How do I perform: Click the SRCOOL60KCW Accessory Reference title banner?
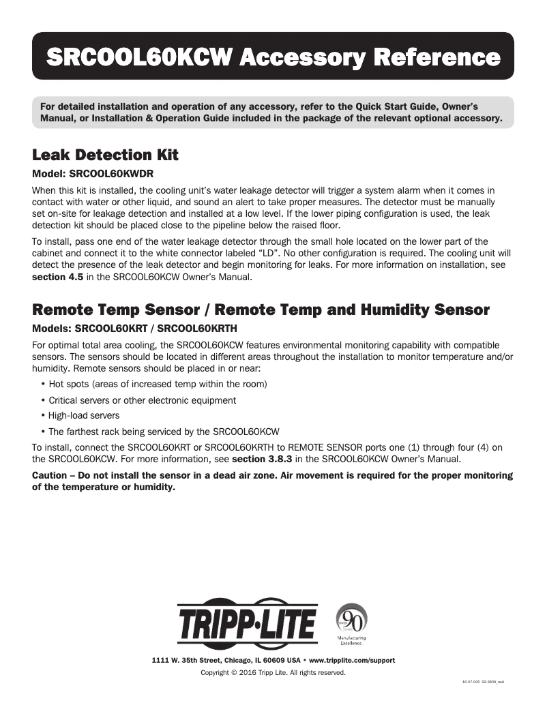pos(273,57)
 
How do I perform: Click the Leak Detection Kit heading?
pos(106,155)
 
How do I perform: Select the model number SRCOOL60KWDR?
pos(110,174)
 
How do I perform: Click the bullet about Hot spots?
pos(158,385)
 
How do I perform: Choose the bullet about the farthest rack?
pos(164,432)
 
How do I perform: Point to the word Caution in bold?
pos(53,475)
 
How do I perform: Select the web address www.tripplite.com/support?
pos(352,661)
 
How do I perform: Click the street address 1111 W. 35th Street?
pos(198,661)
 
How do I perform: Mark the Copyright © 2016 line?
pos(273,673)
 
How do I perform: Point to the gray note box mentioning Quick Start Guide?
pos(273,112)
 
